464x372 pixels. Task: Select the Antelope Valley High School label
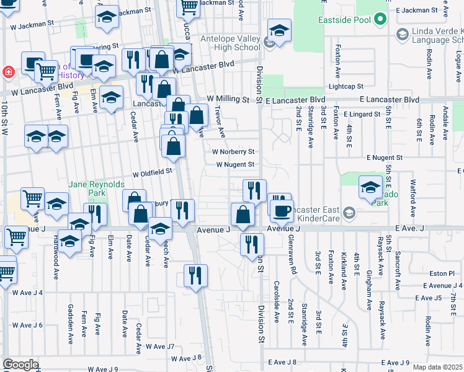point(230,43)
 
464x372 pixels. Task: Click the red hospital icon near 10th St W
point(9,72)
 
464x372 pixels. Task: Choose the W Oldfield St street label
point(151,172)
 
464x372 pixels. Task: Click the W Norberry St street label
point(233,151)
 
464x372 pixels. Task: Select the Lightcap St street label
point(346,87)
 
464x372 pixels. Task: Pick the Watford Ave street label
point(413,193)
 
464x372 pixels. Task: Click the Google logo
point(20,365)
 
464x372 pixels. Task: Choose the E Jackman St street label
point(416,11)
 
